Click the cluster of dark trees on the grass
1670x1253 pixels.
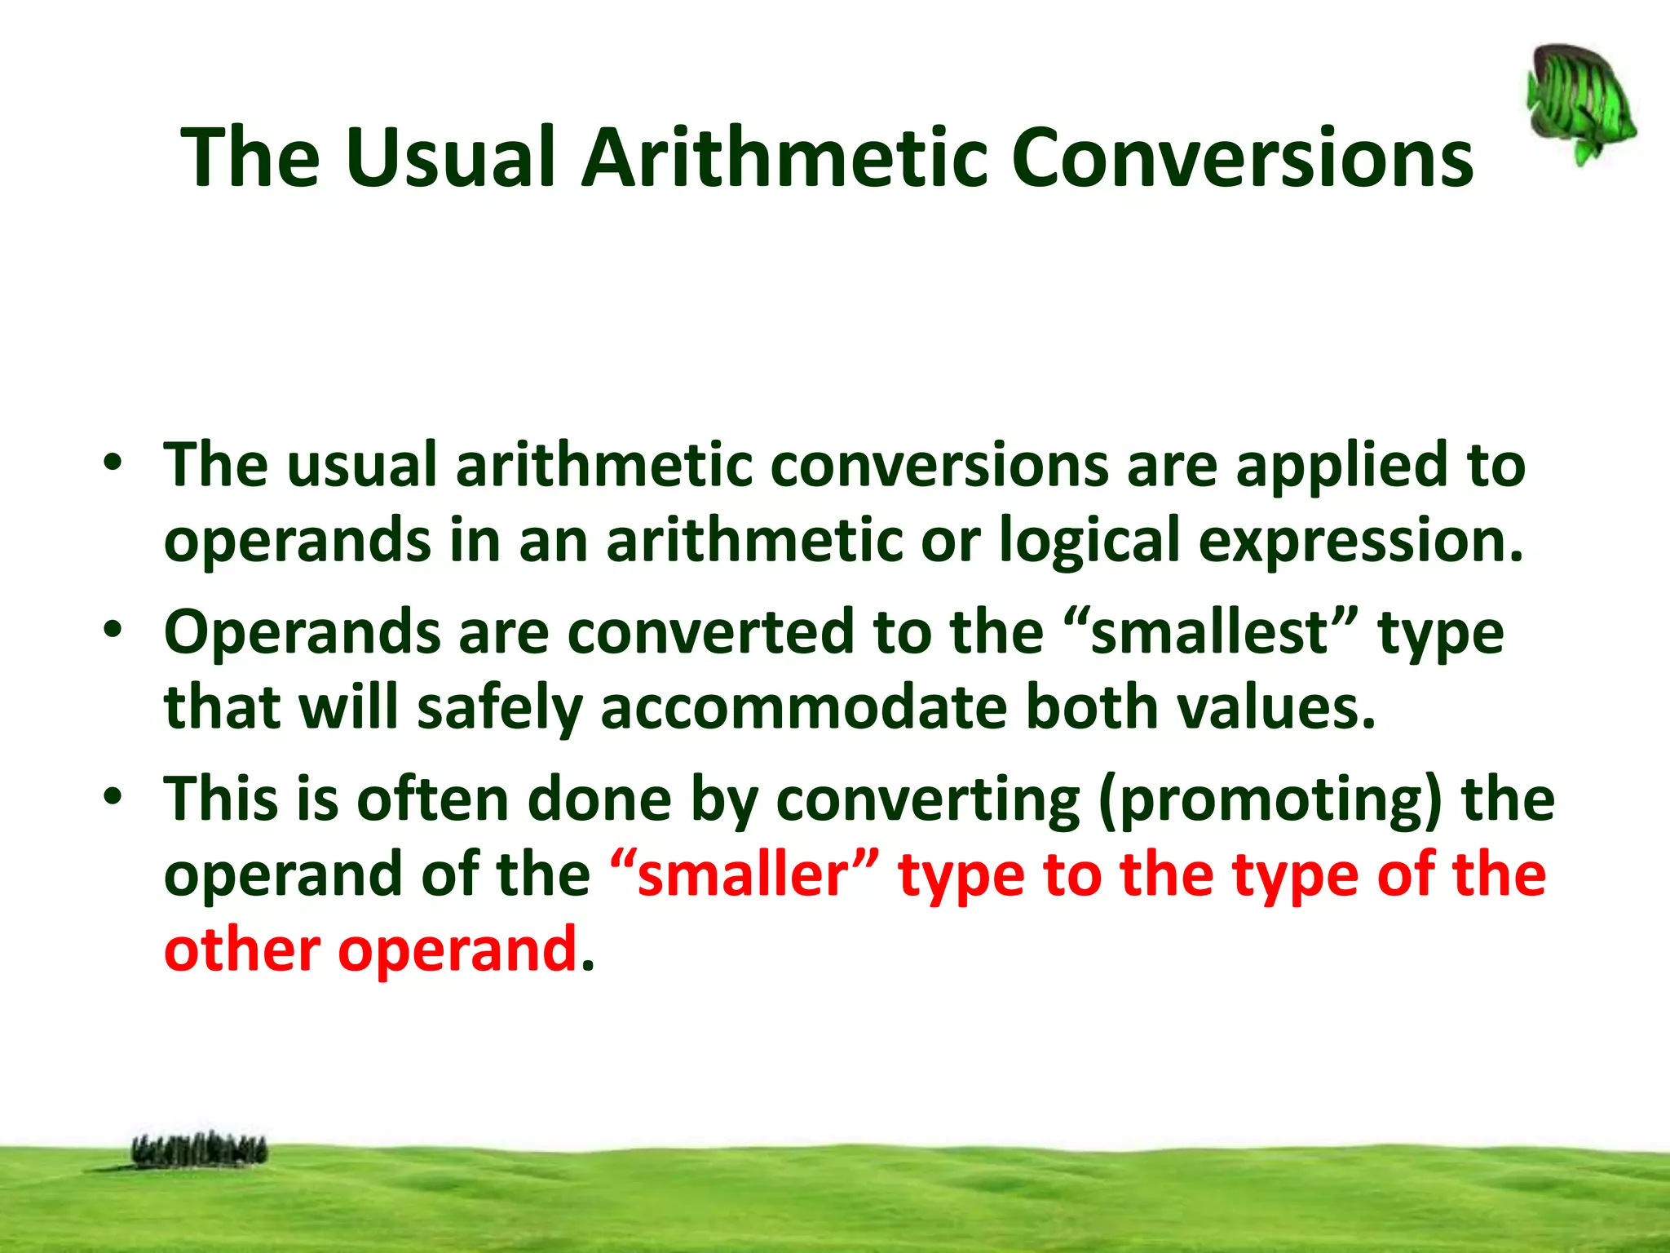(x=199, y=1150)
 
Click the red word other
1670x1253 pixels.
(x=241, y=950)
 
